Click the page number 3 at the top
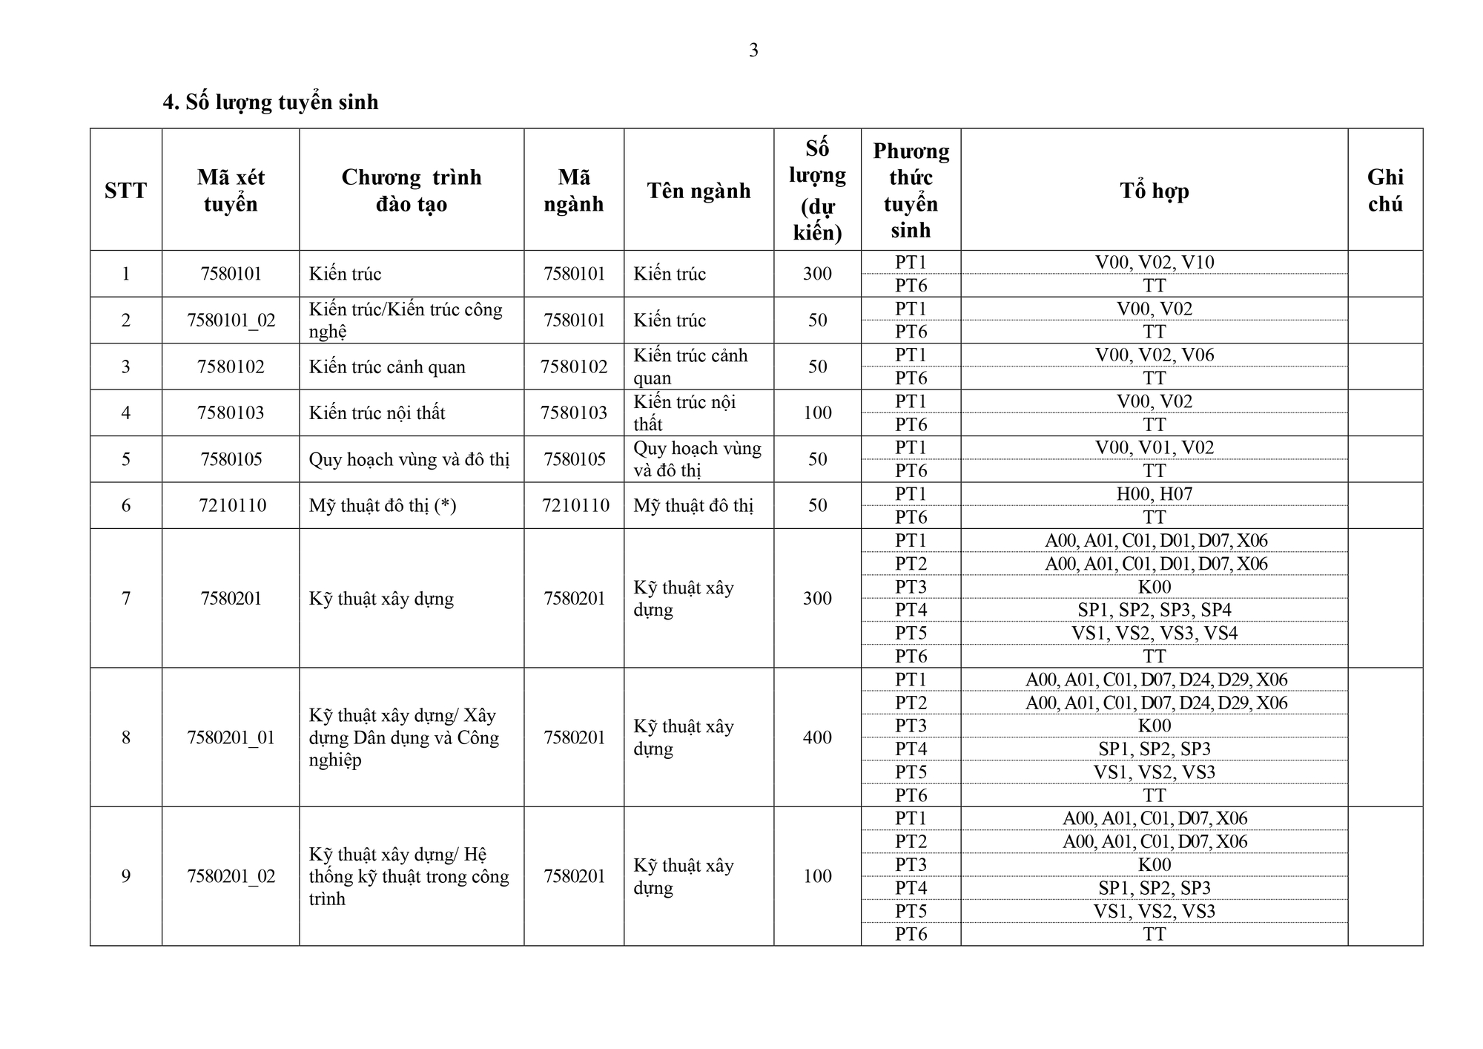753,50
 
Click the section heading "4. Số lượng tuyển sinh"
271,102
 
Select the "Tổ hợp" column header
1154,191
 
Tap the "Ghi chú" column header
1384,191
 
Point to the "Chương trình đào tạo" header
412,191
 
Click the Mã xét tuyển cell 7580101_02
231,320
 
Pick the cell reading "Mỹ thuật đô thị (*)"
383,506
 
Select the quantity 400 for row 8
817,737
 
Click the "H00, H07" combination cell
1154,494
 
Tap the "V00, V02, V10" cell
1154,263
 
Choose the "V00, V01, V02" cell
1154,448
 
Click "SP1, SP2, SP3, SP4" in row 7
1154,610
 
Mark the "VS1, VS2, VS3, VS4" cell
1154,634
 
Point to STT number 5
126,459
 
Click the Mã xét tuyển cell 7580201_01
231,737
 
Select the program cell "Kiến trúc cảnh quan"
387,367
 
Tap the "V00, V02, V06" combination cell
1154,355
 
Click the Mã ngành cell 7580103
574,413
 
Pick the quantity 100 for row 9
817,876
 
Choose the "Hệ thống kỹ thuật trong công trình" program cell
409,876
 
